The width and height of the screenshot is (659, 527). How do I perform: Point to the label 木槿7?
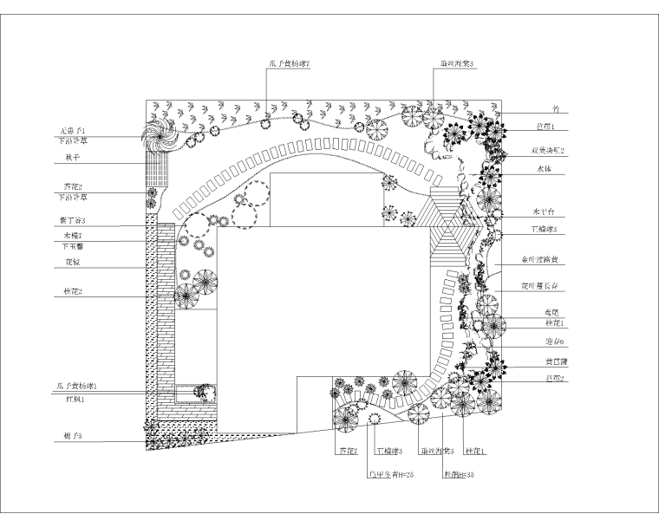click(x=70, y=236)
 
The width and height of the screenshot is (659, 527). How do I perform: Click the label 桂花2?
click(x=70, y=292)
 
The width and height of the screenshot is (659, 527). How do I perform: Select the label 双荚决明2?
click(x=548, y=151)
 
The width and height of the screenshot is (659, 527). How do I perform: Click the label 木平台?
click(x=544, y=212)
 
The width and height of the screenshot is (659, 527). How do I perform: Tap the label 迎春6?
click(x=545, y=342)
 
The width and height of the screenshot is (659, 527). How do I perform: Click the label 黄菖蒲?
click(x=545, y=362)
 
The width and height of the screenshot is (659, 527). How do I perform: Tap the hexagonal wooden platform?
click(x=451, y=228)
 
